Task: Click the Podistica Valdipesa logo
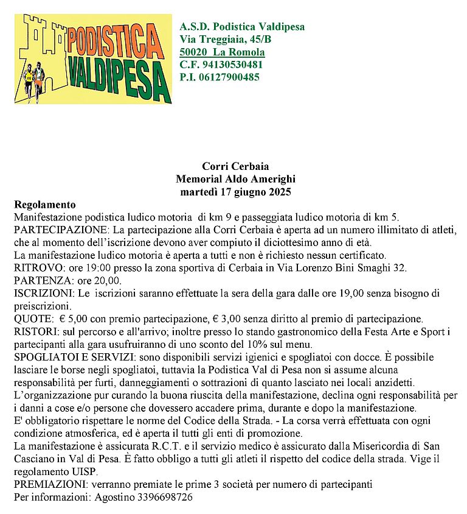(93, 58)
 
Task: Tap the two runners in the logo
(33, 79)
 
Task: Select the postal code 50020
(193, 52)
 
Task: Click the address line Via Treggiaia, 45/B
(226, 39)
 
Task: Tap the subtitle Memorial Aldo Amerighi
(235, 179)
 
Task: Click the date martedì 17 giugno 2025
(235, 192)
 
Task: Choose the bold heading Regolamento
(44, 205)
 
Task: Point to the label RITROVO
(33, 268)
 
